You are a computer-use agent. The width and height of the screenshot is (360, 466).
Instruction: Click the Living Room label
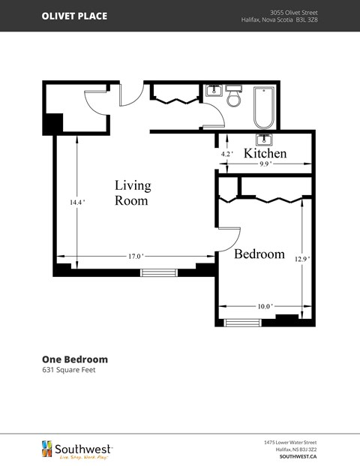coord(132,193)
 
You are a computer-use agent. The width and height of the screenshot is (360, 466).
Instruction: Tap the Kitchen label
coord(265,153)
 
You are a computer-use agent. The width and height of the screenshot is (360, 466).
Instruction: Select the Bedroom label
coord(259,254)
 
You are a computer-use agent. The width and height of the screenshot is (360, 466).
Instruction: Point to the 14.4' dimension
coord(77,202)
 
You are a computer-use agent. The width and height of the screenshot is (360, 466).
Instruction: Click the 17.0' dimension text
coord(135,256)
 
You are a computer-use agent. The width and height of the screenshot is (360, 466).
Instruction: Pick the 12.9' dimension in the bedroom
coord(301,259)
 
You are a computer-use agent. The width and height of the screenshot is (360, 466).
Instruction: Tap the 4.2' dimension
coord(226,153)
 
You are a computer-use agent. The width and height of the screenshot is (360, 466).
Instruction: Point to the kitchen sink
coord(263,139)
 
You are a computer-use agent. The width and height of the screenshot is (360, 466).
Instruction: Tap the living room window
coord(157,272)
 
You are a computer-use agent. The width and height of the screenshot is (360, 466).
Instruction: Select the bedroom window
coord(243,323)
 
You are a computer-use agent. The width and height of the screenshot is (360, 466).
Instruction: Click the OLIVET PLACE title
coord(74,16)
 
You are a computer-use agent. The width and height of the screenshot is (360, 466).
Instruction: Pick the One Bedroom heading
coord(74,359)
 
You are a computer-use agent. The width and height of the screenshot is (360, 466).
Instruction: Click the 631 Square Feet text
coord(68,370)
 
